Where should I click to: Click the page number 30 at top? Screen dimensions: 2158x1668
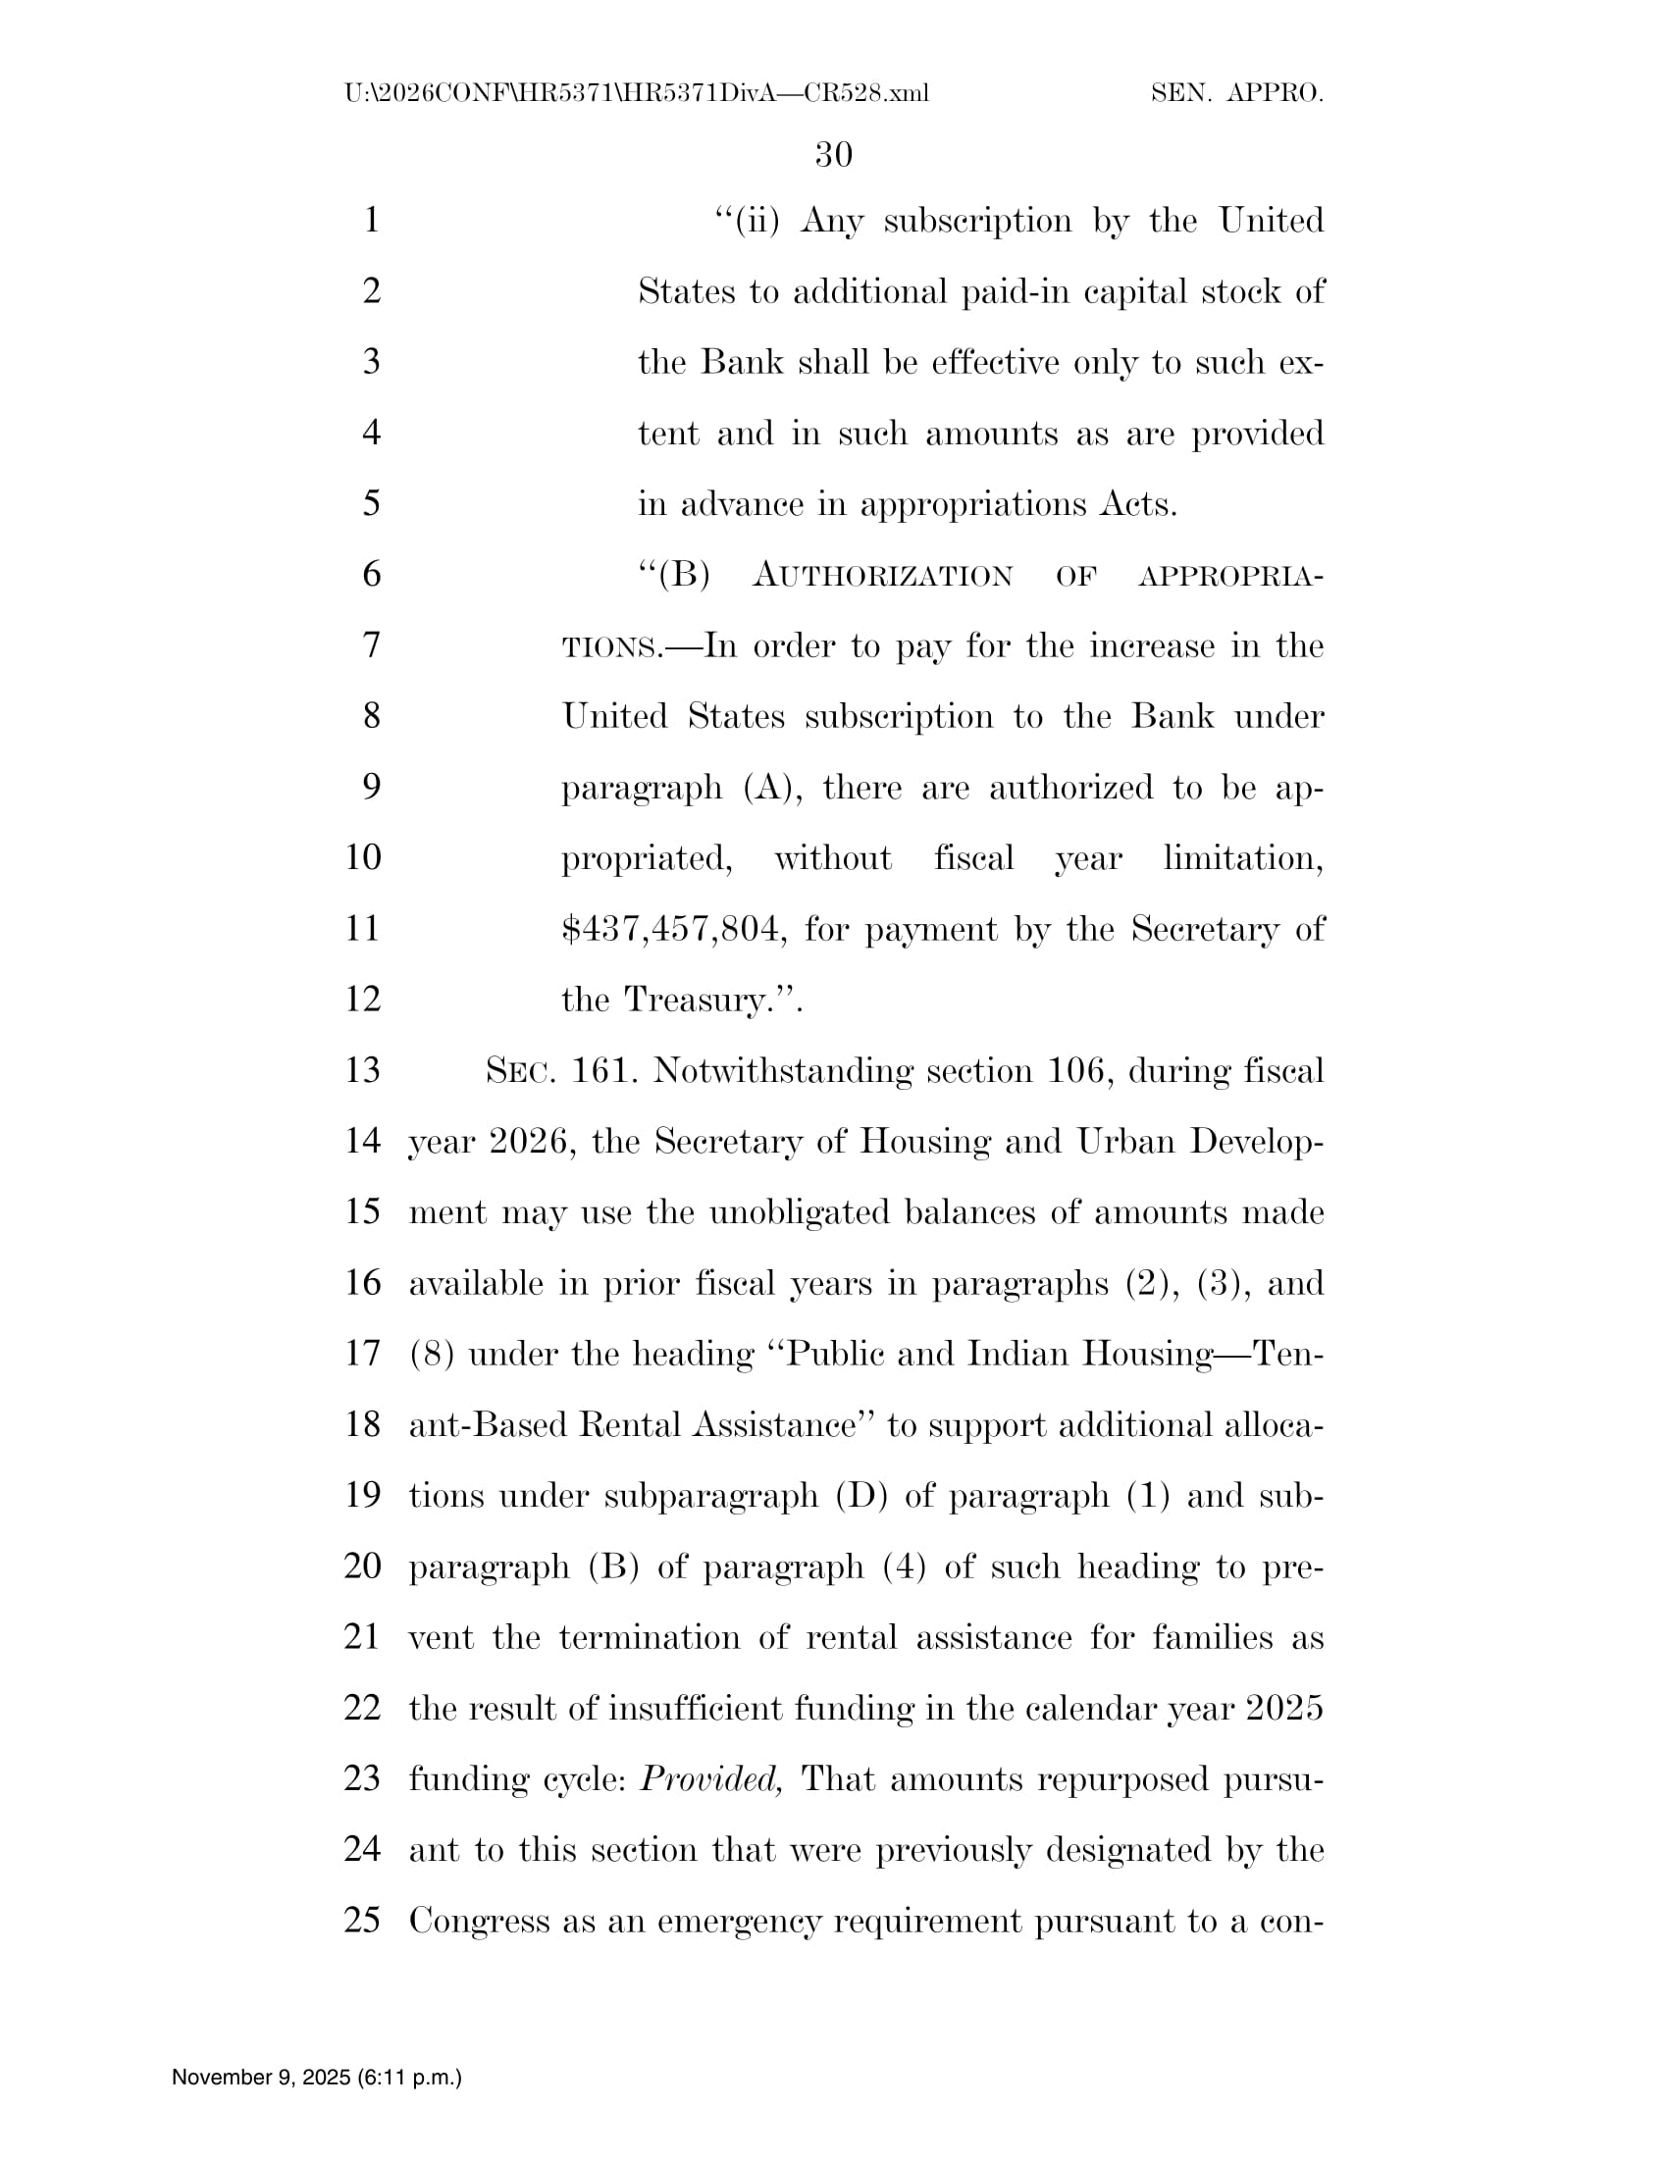833,154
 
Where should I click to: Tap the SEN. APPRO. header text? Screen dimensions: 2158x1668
1236,94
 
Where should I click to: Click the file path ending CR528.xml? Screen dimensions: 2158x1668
637,94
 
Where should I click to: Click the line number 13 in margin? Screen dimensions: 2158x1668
363,1070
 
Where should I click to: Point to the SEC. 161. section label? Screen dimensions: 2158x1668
559,1070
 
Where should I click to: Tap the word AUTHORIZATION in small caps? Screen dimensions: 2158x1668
882,575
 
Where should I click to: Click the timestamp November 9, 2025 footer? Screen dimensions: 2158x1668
316,2078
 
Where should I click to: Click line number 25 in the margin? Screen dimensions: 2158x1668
363,1920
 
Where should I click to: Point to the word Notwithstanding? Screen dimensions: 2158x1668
782,1070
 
